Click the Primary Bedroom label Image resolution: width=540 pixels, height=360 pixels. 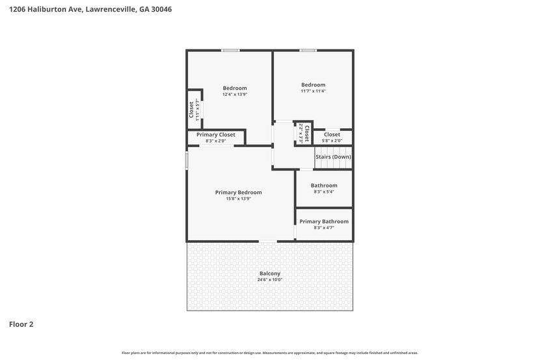point(238,192)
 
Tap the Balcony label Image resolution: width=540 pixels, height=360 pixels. point(269,273)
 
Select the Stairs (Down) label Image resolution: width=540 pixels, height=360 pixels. point(333,157)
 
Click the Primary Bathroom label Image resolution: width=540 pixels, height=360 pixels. point(324,221)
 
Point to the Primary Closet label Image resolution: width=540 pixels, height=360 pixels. point(215,134)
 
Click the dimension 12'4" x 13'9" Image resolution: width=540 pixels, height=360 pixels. point(235,94)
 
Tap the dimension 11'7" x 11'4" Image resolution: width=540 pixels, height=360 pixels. point(313,91)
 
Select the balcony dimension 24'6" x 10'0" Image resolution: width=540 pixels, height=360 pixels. point(269,279)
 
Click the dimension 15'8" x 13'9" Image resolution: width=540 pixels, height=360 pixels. point(238,199)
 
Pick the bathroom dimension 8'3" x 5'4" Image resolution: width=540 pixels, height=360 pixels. point(324,191)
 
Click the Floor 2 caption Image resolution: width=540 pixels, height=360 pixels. point(21,324)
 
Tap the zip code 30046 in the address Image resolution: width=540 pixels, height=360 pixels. point(161,9)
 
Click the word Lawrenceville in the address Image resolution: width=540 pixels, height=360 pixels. point(111,9)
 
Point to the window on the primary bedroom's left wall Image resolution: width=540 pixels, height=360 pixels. point(187,161)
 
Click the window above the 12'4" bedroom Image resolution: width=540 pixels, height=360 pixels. point(230,51)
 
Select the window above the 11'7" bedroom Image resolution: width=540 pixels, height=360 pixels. point(308,51)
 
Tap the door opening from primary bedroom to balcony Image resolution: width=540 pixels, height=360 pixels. point(268,242)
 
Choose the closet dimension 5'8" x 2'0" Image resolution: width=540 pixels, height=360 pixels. point(332,141)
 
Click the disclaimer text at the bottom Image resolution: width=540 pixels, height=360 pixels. point(270,353)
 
